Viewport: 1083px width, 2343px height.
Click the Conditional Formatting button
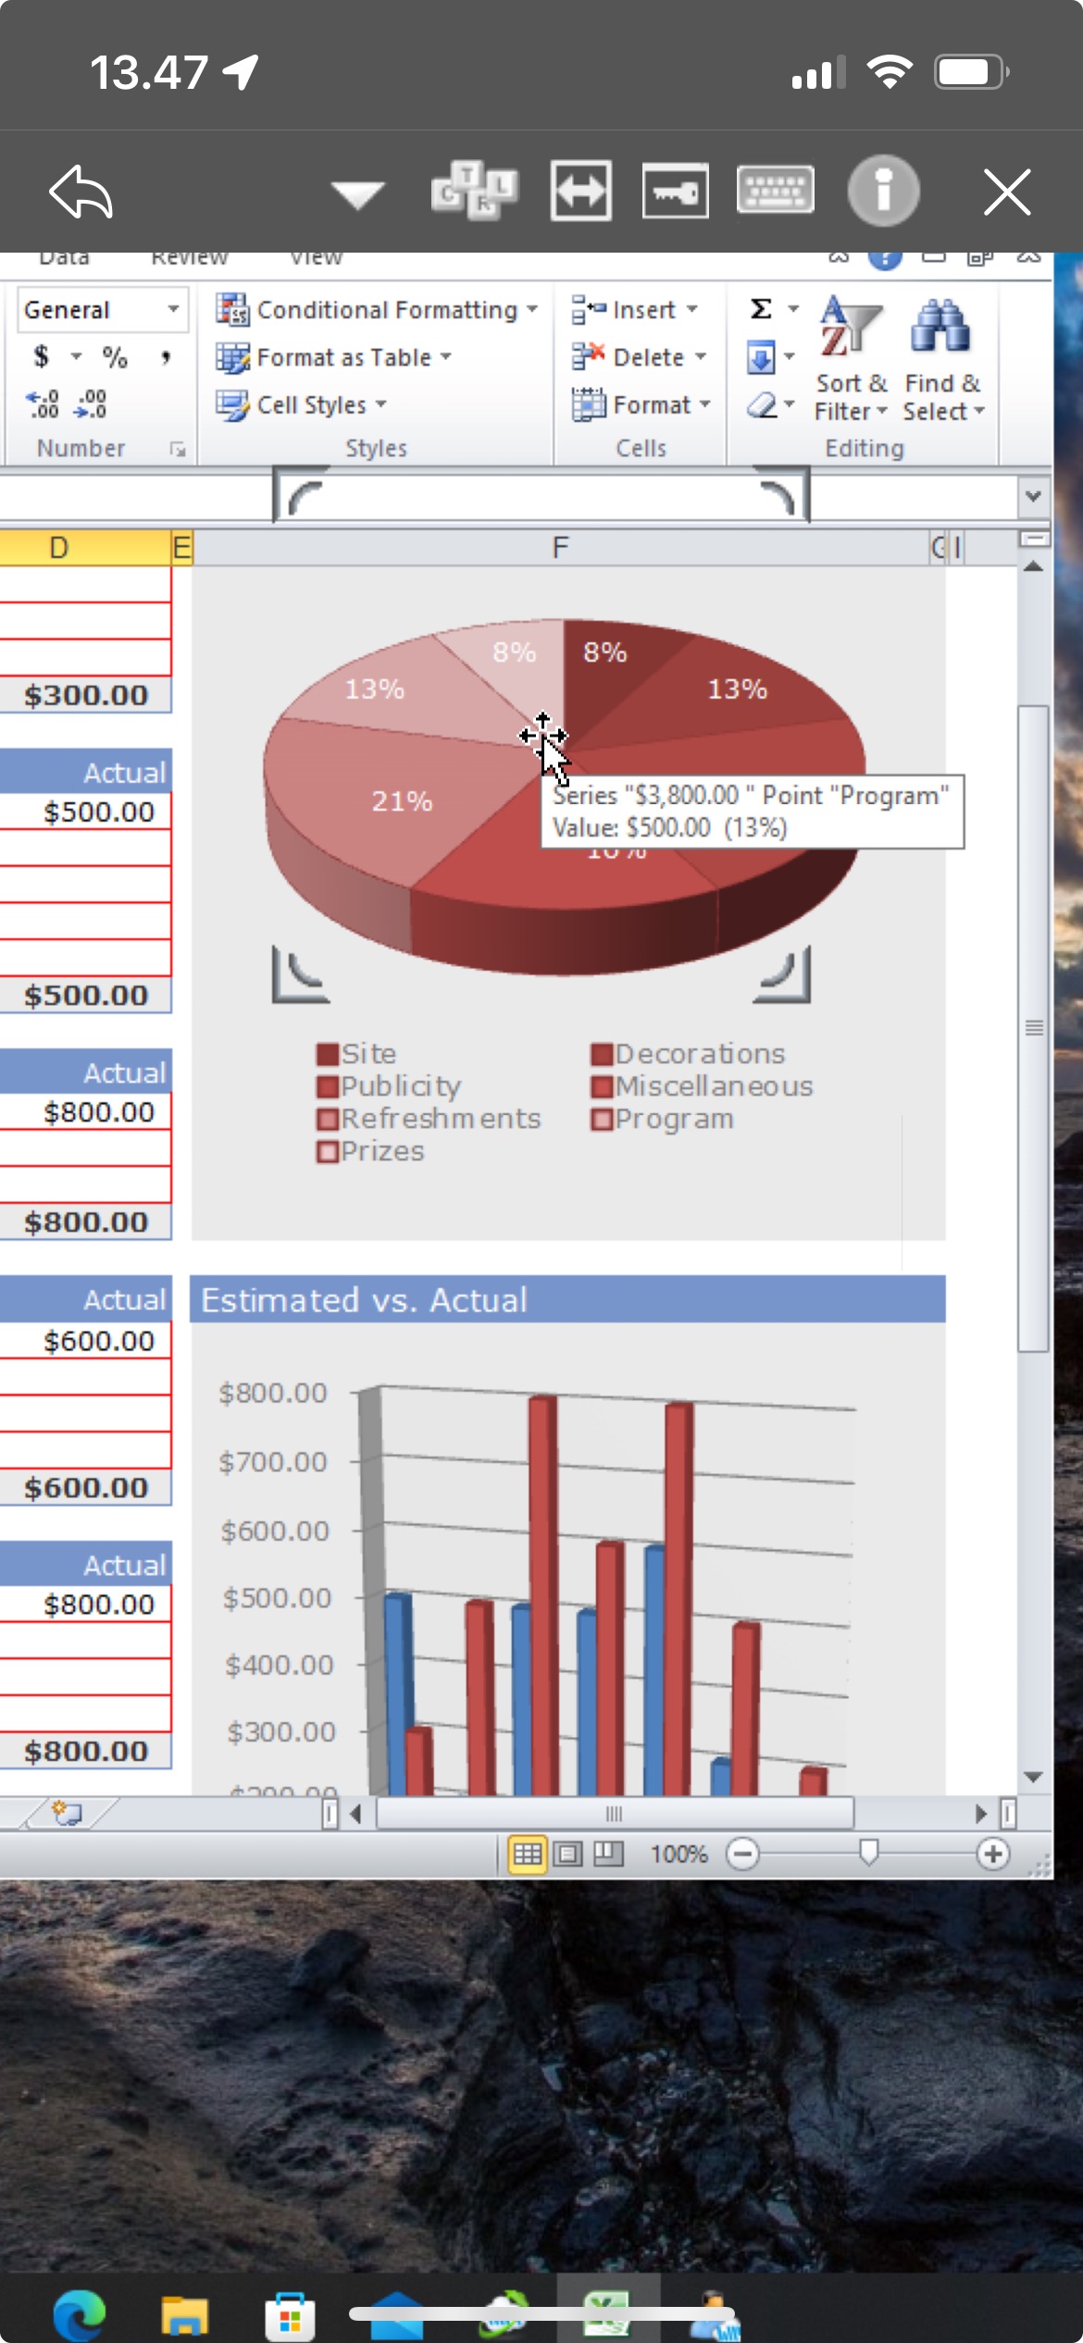tap(376, 310)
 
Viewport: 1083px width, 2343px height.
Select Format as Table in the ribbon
tap(333, 358)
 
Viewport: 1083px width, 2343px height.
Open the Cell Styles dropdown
tap(301, 405)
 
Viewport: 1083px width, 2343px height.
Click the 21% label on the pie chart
tap(402, 801)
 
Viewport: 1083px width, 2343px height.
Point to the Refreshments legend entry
tap(440, 1119)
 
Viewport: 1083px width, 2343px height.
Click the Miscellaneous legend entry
tap(713, 1086)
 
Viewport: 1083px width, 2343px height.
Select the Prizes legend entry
tap(381, 1152)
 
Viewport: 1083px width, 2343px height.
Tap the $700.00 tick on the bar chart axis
tap(273, 1462)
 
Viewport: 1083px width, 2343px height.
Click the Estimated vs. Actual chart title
tap(365, 1300)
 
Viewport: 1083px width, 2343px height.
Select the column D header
tap(59, 548)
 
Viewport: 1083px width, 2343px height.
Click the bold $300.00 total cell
tap(86, 695)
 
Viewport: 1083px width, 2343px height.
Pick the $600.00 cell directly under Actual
tap(98, 1341)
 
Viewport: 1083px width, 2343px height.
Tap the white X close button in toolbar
tap(1006, 192)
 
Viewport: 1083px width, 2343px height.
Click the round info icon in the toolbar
tap(883, 192)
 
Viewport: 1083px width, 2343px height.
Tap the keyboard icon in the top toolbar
tap(775, 191)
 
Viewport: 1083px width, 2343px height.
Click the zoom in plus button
tap(992, 1853)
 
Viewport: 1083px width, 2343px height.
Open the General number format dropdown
tap(172, 309)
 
